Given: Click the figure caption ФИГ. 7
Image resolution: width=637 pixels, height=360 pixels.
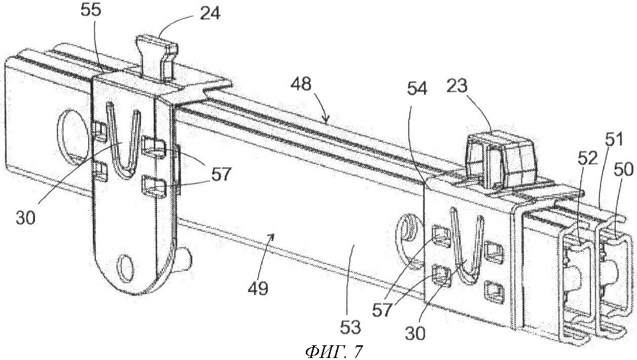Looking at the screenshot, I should pyautogui.click(x=335, y=351).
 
